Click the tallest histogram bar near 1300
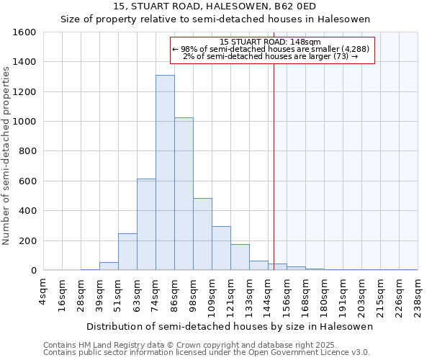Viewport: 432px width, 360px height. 165,173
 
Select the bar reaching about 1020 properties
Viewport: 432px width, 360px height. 184,194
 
